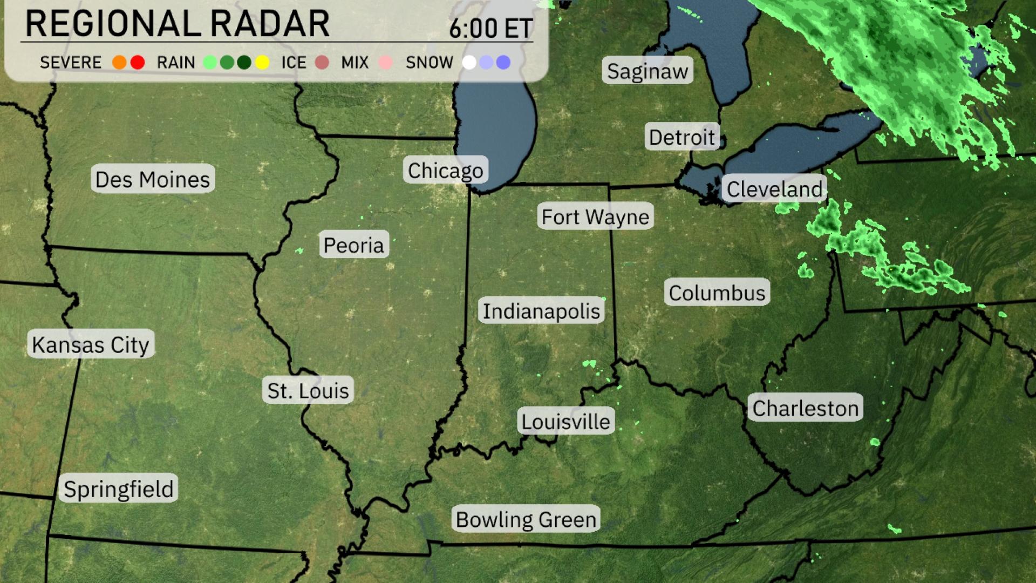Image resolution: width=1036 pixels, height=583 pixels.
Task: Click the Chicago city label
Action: (x=446, y=171)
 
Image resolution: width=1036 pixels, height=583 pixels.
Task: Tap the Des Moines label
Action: (x=153, y=179)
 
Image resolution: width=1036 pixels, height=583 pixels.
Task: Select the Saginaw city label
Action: (x=647, y=71)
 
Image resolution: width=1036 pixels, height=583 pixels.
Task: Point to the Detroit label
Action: (x=682, y=137)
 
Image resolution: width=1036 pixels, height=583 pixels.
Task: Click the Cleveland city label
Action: (x=774, y=189)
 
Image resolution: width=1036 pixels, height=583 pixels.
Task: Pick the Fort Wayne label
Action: (x=595, y=216)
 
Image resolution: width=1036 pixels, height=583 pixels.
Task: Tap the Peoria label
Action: (x=353, y=245)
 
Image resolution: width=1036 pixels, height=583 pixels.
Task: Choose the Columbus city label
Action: (x=717, y=293)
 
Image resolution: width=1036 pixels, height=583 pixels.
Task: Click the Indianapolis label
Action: (x=541, y=311)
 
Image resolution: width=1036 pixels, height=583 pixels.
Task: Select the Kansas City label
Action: (x=91, y=344)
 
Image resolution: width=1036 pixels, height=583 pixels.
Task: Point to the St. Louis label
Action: (x=308, y=390)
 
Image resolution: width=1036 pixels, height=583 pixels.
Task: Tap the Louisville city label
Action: (x=565, y=421)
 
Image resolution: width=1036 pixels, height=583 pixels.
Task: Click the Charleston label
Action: (x=806, y=408)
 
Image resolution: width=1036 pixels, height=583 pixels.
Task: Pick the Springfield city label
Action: (x=119, y=489)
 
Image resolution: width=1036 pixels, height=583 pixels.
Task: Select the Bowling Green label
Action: (x=526, y=519)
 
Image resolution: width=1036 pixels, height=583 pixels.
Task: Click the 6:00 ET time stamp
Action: (x=490, y=28)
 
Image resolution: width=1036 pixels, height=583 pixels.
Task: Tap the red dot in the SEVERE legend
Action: (x=138, y=63)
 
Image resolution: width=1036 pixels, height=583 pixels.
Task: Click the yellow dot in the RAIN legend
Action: (x=262, y=63)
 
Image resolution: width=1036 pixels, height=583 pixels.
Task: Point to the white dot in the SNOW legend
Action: (x=469, y=63)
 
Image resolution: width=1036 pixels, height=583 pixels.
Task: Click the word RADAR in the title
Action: (x=270, y=24)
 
